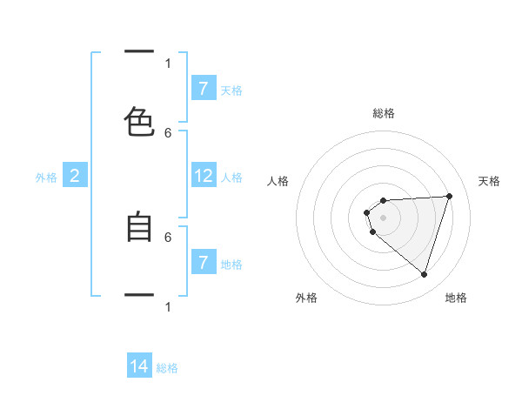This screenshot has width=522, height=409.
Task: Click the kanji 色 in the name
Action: (139, 122)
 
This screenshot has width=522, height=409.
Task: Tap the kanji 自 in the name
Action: (139, 227)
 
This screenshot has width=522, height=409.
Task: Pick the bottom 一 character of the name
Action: (139, 295)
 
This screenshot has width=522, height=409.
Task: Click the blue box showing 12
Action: (204, 176)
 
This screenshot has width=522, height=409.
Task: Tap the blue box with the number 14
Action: (139, 366)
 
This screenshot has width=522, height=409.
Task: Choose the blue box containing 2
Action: (75, 176)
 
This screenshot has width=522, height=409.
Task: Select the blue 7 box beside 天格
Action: (204, 88)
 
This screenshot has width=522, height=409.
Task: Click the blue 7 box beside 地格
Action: (204, 262)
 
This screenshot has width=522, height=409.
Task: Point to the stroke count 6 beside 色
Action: (168, 132)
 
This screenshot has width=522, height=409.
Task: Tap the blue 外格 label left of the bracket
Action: (46, 178)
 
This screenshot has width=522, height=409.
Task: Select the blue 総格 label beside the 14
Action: (167, 368)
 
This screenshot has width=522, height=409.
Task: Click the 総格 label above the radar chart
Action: (384, 114)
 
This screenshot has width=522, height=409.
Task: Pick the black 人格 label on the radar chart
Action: (278, 181)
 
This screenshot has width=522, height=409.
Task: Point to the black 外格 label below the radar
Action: (306, 298)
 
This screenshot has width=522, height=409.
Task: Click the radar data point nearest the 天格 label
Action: (449, 196)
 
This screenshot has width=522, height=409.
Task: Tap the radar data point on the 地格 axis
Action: (424, 274)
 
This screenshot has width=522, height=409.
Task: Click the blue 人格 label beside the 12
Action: (231, 178)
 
